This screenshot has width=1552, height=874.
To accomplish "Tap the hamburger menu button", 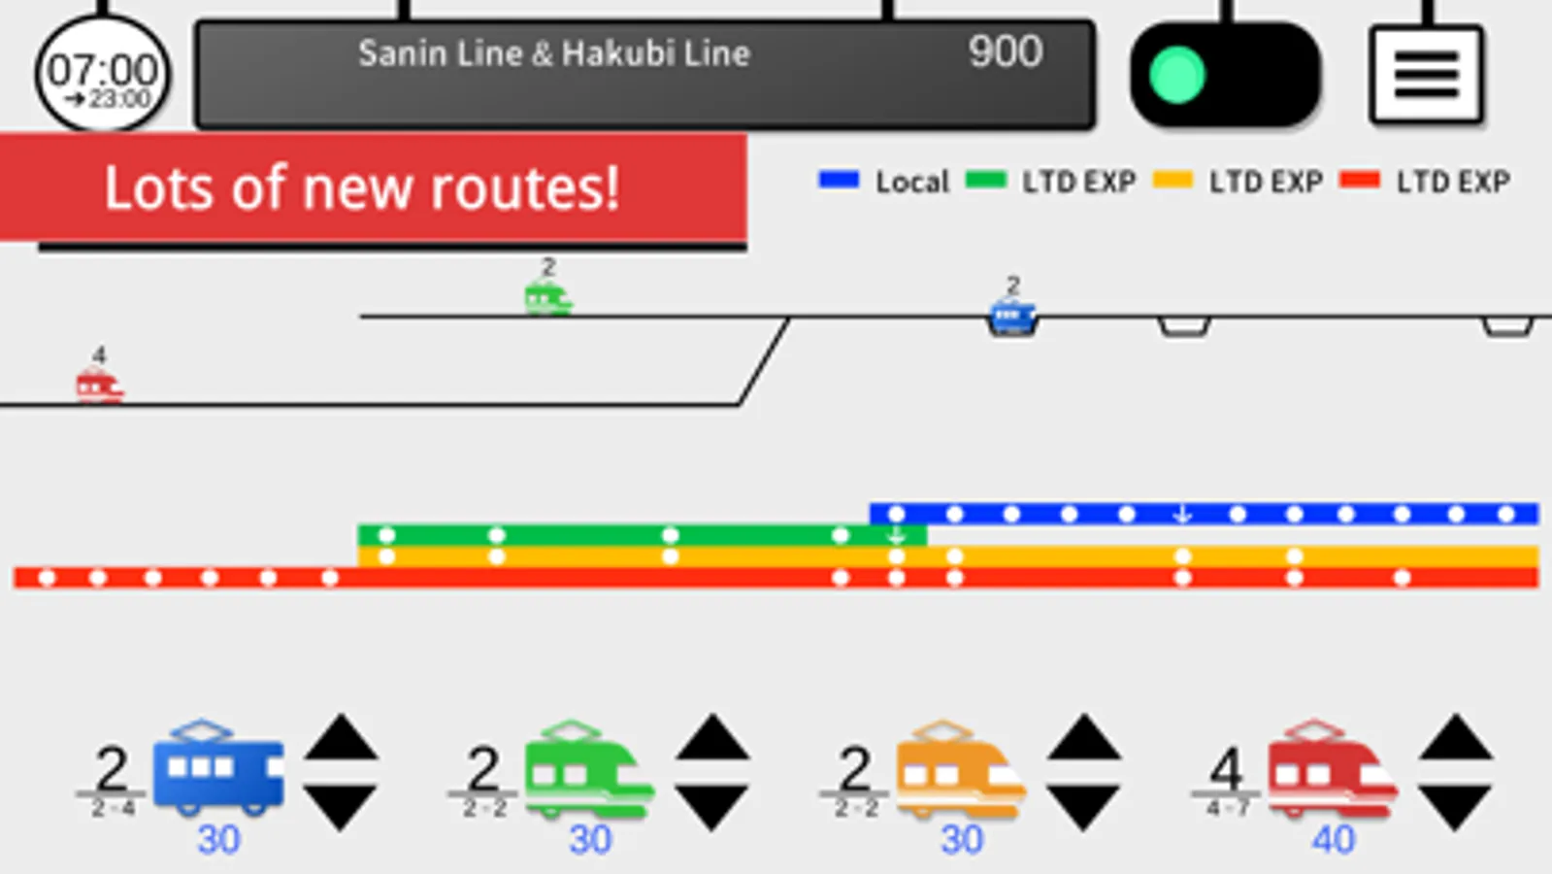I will [x=1426, y=75].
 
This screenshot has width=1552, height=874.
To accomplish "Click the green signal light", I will [x=1177, y=75].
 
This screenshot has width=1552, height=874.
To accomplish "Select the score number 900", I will [x=1006, y=51].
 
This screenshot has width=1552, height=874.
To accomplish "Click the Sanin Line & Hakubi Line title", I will [x=553, y=53].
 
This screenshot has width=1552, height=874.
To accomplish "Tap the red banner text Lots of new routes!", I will [x=361, y=187].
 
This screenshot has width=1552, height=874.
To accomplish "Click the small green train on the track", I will [x=547, y=297].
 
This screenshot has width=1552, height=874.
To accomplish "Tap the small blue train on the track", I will [x=1012, y=317].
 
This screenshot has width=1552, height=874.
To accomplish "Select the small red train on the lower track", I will [x=99, y=386].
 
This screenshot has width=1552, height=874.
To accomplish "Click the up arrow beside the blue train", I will [x=341, y=739].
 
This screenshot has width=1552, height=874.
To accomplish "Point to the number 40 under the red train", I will [x=1333, y=839].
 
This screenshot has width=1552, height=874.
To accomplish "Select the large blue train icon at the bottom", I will [x=218, y=770].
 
